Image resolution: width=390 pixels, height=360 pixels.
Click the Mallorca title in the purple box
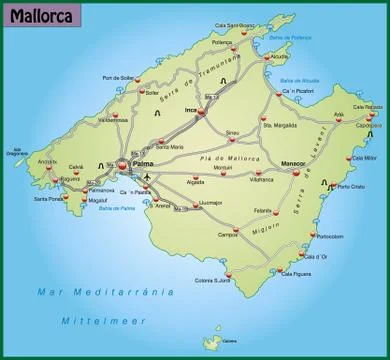click(x=40, y=18)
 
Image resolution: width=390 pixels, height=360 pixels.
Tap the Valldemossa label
click(x=113, y=121)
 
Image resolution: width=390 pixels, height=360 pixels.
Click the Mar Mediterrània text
click(x=104, y=291)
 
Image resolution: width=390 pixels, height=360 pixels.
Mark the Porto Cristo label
click(x=351, y=187)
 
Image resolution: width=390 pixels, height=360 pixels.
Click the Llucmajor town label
click(x=210, y=202)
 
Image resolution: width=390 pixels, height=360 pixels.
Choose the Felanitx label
click(x=263, y=210)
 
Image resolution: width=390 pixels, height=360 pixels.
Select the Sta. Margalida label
click(x=279, y=126)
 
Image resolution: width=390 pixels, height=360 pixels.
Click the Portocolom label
click(x=329, y=236)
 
